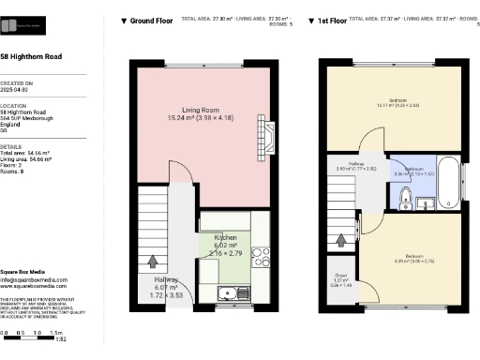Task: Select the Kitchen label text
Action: tap(225, 238)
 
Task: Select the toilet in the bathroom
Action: tap(405, 196)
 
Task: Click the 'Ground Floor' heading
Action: tap(150, 19)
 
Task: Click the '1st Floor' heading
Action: tap(335, 19)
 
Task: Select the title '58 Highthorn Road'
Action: tap(32, 58)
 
